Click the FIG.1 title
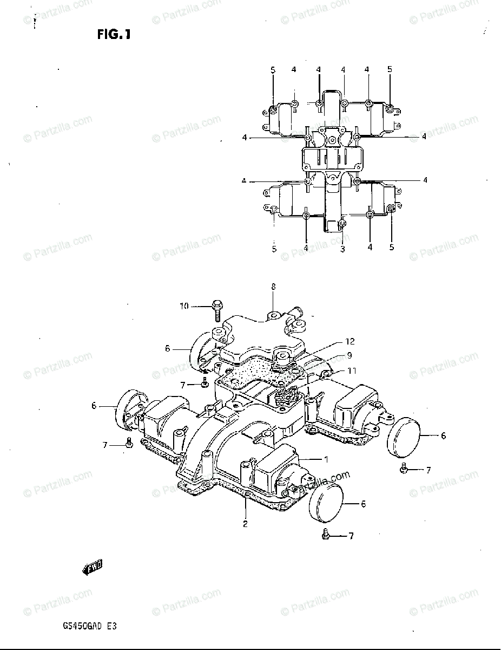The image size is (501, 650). pos(114,35)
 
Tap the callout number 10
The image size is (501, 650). pos(184,307)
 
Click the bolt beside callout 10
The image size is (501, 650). pos(216,309)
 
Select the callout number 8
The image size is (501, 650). pos(273,287)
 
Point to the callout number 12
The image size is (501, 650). pos(351,341)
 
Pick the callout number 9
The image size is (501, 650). pos(350,356)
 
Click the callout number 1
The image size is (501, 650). pos(326,459)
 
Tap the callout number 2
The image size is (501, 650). pos(245,524)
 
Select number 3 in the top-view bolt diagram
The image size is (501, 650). pos(342,249)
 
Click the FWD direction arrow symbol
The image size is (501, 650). pos(92,567)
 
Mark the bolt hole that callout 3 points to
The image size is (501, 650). pos(342,223)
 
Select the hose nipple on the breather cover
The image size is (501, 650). pos(296,313)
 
